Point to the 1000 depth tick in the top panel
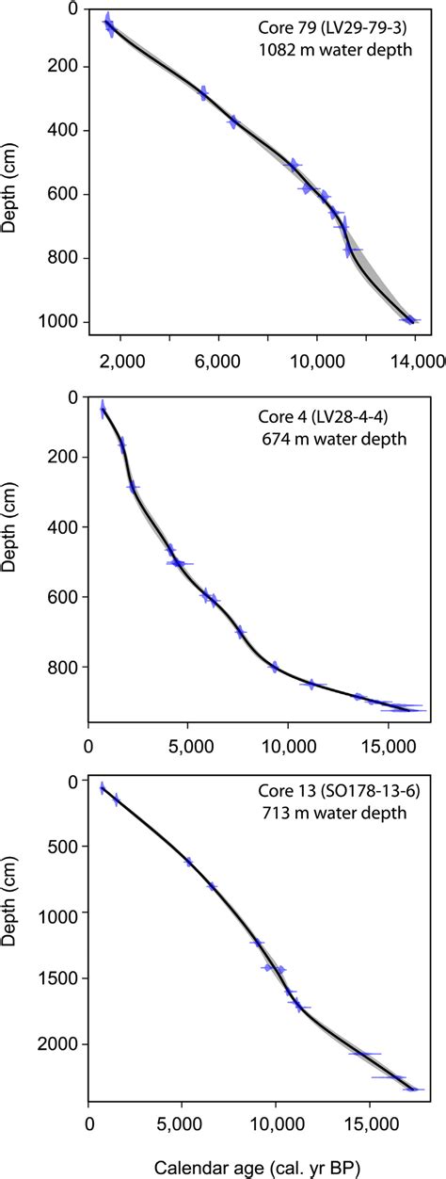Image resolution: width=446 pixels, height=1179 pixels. pyautogui.click(x=59, y=323)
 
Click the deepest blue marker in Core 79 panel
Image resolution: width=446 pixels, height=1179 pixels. pyautogui.click(x=408, y=320)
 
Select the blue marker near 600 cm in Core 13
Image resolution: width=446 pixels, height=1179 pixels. pyautogui.click(x=188, y=862)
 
